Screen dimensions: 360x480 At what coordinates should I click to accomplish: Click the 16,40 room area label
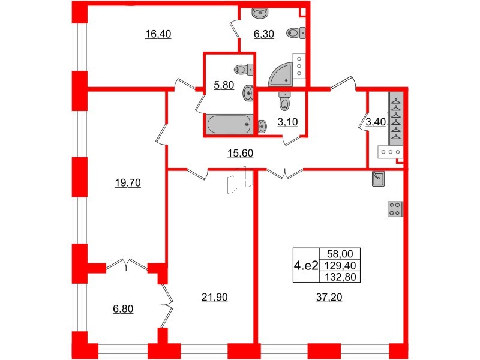tap(158, 34)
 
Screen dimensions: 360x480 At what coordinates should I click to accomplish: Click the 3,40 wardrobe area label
tap(376, 124)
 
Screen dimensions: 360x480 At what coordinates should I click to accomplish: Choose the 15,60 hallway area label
tap(241, 154)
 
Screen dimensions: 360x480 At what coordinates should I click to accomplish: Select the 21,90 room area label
tap(211, 297)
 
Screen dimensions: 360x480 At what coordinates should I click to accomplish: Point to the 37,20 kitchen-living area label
tap(325, 297)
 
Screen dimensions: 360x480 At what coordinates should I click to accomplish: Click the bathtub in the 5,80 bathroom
tap(228, 125)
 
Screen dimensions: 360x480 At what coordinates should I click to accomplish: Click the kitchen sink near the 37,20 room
tap(378, 178)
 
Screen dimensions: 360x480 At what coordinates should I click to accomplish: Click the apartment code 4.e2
tap(304, 263)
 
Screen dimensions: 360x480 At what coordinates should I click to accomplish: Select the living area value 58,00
tap(335, 254)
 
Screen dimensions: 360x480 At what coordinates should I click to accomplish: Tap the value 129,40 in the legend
tap(335, 263)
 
